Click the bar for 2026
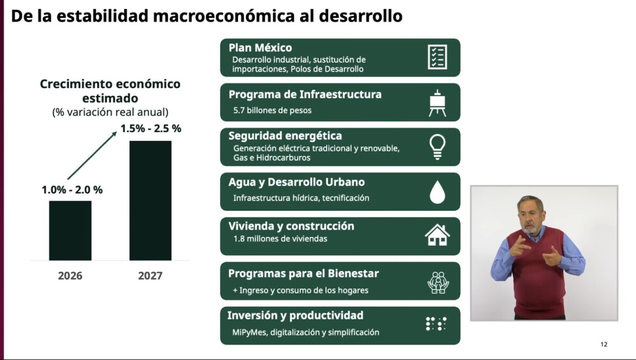pyautogui.click(x=70, y=231)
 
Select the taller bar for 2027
pyautogui.click(x=151, y=200)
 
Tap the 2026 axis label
pyautogui.click(x=70, y=276)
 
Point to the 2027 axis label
pyautogui.click(x=150, y=276)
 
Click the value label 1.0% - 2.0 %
pyautogui.click(x=72, y=190)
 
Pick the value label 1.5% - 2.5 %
pyautogui.click(x=151, y=128)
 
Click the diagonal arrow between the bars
pyautogui.click(x=92, y=155)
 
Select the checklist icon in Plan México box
pyautogui.click(x=438, y=57)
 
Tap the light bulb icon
pyautogui.click(x=438, y=147)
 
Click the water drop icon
pyautogui.click(x=438, y=192)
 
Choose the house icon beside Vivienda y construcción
pyautogui.click(x=438, y=235)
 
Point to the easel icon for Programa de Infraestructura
pyautogui.click(x=438, y=103)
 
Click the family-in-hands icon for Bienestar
pyautogui.click(x=438, y=283)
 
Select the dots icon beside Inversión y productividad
pyautogui.click(x=436, y=323)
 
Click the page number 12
pyautogui.click(x=604, y=345)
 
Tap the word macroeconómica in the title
pyautogui.click(x=224, y=16)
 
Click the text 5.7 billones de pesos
pyautogui.click(x=272, y=110)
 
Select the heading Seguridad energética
pyautogui.click(x=285, y=136)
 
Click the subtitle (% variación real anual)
pyautogui.click(x=110, y=112)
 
